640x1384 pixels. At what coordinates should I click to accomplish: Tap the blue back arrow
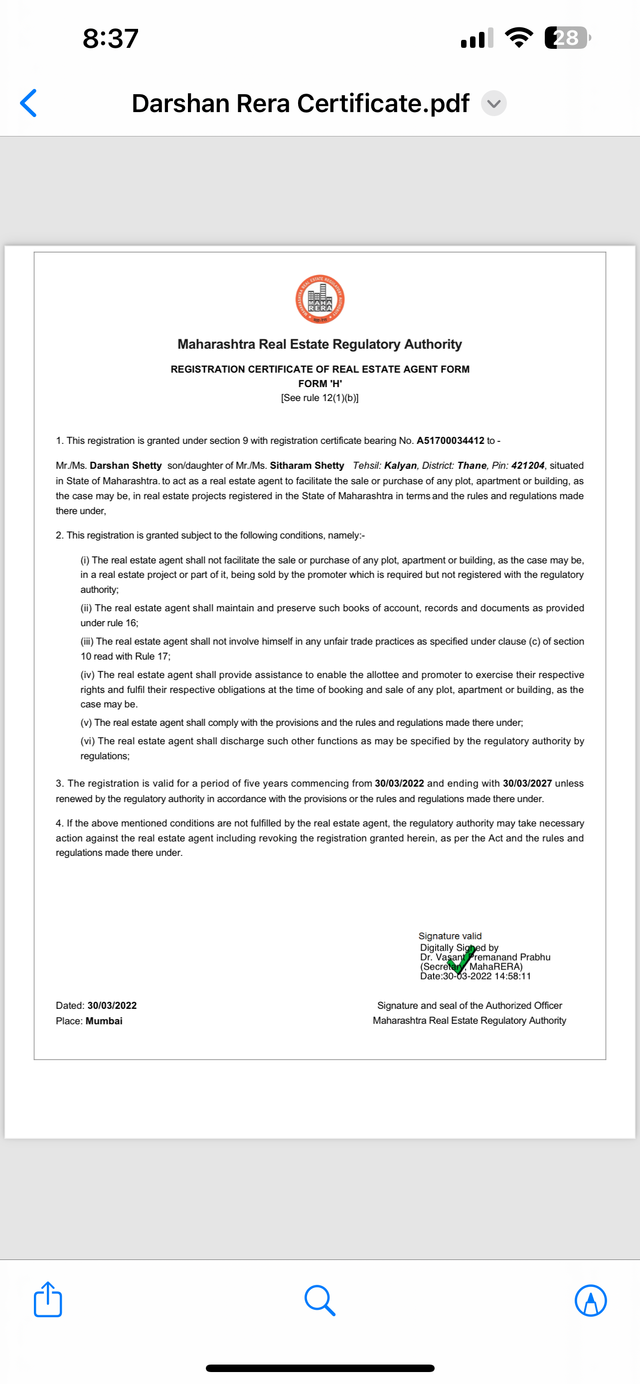[28, 103]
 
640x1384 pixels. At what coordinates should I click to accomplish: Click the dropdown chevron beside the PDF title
[493, 103]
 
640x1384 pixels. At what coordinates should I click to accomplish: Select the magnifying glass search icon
[320, 1300]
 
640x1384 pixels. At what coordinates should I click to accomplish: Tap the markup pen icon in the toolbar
[591, 1300]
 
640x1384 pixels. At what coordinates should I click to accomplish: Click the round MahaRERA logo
[320, 299]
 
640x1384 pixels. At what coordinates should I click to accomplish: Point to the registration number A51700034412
[450, 440]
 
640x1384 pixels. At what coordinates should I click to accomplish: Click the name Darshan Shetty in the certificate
[126, 465]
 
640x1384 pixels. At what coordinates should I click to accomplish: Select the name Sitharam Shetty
[307, 465]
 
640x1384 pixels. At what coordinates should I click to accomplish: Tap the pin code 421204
[528, 465]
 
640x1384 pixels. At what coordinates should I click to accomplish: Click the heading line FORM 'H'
[320, 384]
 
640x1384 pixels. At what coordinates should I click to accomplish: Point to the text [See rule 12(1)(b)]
[320, 398]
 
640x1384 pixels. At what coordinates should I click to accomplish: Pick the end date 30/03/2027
[527, 783]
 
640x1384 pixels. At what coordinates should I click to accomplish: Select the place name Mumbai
[104, 1021]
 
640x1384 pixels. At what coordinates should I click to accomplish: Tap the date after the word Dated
[112, 1005]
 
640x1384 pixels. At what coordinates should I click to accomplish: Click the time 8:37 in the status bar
[111, 39]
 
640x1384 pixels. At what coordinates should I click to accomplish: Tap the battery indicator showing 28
[567, 38]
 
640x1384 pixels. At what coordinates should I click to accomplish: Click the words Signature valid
[450, 936]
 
